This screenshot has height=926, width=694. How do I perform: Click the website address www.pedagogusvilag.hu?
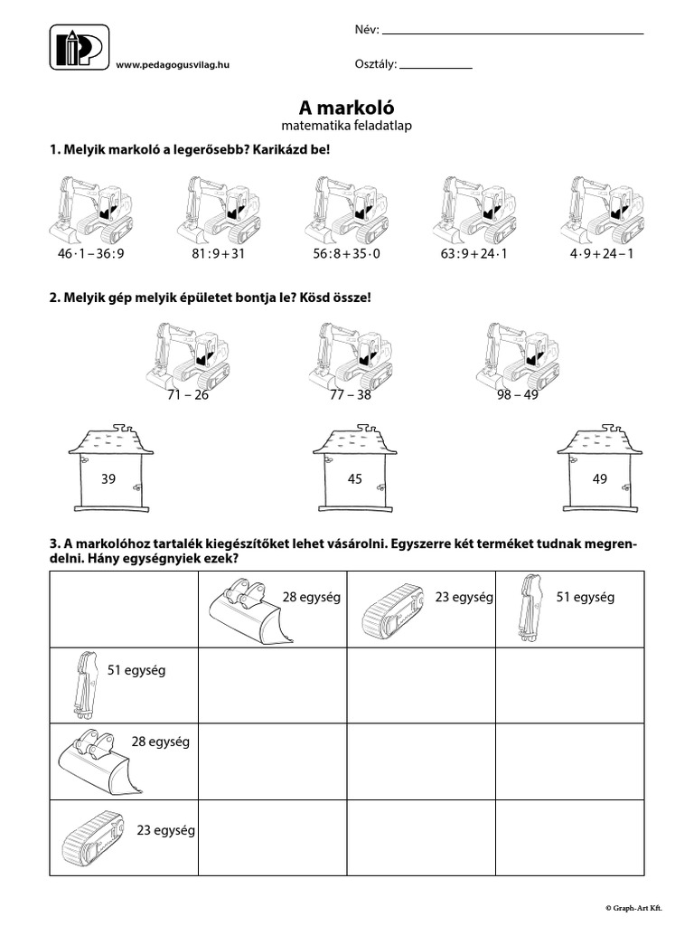point(173,65)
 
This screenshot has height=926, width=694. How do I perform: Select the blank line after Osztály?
point(436,67)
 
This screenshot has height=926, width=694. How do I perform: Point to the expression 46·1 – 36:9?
point(90,253)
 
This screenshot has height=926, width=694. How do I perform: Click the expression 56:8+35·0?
point(348,253)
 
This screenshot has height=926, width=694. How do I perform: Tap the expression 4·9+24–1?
point(602,253)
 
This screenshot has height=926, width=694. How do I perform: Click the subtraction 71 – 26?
point(188,395)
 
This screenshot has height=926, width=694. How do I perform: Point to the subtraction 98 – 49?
point(518,395)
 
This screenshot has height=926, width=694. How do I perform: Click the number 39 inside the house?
point(108,479)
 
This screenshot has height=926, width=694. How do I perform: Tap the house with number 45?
point(354,470)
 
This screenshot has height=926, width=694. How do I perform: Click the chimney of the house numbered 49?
point(610,425)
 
